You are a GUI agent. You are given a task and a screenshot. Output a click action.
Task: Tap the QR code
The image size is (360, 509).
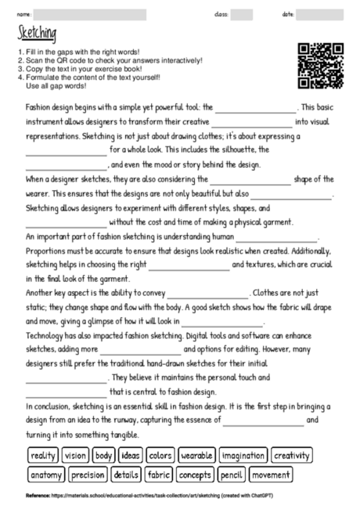(x=321, y=66)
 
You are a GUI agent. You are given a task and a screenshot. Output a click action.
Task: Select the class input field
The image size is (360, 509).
(x=241, y=14)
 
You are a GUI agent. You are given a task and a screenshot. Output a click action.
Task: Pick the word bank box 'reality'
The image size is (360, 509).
(x=43, y=455)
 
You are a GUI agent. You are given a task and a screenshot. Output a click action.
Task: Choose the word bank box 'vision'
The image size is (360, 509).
(x=76, y=455)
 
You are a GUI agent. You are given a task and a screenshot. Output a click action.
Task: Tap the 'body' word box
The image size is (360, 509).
(x=104, y=455)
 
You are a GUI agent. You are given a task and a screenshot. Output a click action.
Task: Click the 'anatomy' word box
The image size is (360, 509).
(x=46, y=474)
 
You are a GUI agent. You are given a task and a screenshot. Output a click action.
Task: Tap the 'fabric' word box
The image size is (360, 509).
(x=159, y=474)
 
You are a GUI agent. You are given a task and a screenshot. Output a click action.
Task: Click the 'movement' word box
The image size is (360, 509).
(x=271, y=474)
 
